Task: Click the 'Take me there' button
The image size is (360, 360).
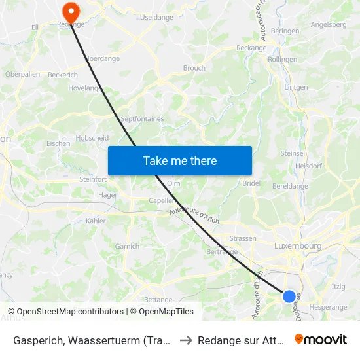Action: [x=180, y=160]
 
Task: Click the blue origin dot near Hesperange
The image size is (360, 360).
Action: [x=289, y=296]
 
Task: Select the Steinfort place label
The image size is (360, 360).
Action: [x=93, y=179]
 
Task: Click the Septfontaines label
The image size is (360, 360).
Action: [x=142, y=119]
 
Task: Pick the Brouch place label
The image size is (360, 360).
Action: [x=194, y=68]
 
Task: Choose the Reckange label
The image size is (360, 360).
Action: [x=251, y=48]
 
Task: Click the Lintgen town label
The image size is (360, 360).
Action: [x=296, y=87]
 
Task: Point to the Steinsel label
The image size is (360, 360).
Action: [x=293, y=153]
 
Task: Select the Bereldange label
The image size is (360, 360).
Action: [x=290, y=186]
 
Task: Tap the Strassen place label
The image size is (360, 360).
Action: [x=243, y=238]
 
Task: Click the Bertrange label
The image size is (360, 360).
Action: [x=222, y=251]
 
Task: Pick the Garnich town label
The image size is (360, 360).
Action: [x=127, y=247]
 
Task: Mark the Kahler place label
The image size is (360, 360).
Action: [x=96, y=221]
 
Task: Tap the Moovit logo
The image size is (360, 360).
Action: [x=320, y=339]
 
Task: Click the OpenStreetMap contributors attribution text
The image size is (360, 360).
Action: [x=65, y=312]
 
